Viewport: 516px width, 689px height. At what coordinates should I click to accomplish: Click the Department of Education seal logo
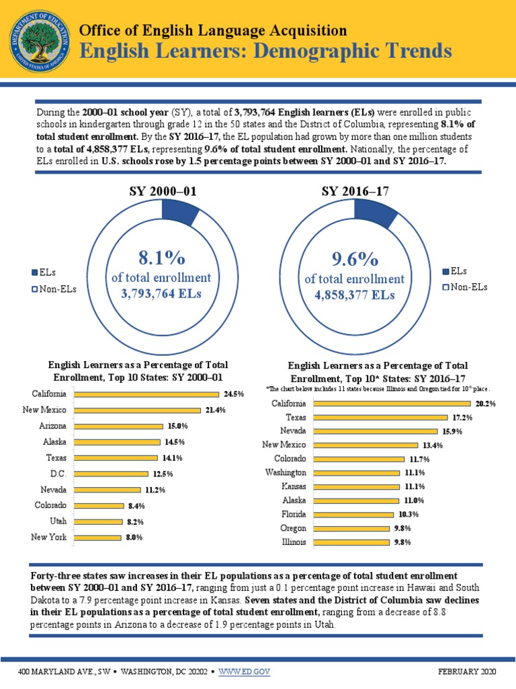tap(39, 38)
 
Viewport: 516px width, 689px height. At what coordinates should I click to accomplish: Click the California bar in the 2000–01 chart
tap(146, 394)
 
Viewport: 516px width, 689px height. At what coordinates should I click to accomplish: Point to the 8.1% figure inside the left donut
tap(161, 258)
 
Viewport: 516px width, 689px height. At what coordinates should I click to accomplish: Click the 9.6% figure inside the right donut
tap(354, 259)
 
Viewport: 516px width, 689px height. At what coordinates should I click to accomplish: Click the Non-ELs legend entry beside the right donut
tap(464, 287)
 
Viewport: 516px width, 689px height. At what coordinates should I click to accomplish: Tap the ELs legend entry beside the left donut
tap(44, 273)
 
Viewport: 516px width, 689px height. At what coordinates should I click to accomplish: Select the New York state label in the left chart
tap(48, 537)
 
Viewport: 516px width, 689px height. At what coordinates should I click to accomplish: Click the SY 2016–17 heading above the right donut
tap(355, 192)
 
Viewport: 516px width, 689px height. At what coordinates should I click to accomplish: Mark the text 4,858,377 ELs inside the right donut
tap(355, 295)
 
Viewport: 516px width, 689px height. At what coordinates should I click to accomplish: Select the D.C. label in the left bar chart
tap(57, 474)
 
